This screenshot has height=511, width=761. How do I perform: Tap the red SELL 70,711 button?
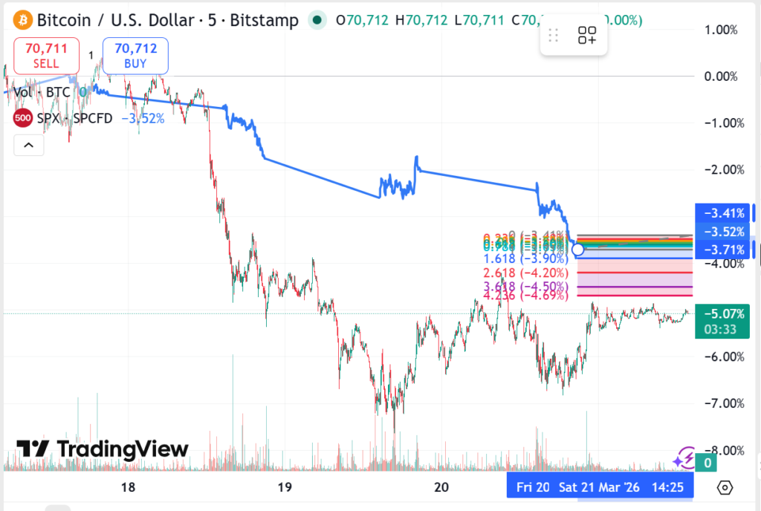tap(46, 56)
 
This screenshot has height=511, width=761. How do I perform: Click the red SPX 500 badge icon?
tap(23, 118)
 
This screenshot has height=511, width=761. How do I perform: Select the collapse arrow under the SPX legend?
tap(29, 145)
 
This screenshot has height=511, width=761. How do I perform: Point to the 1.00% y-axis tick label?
tap(721, 30)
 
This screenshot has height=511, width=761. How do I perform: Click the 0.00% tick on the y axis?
tap(721, 77)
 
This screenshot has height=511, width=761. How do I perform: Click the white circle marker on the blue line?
tap(577, 250)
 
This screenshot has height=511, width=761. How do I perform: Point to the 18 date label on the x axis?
tap(128, 487)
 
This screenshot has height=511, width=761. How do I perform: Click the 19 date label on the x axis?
tap(283, 487)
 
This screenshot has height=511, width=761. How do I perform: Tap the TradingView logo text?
tap(103, 449)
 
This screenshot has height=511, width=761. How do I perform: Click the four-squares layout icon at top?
tap(587, 35)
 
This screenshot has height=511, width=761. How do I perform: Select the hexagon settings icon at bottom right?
tap(725, 487)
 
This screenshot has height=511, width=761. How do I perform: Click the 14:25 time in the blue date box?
tap(669, 487)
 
